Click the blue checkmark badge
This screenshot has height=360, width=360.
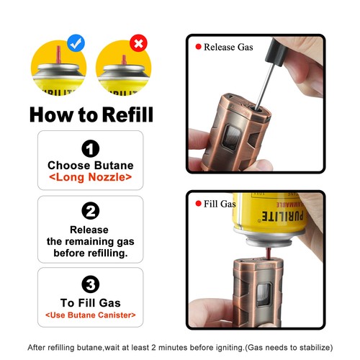[x=76, y=43]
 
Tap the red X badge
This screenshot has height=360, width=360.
[x=138, y=43]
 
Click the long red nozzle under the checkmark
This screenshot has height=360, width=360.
[x=58, y=55]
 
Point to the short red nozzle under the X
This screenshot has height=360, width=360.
[x=124, y=60]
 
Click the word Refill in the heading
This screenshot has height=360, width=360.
[x=128, y=114]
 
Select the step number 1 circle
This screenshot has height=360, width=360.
[x=91, y=148]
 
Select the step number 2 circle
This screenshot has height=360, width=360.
[x=91, y=211]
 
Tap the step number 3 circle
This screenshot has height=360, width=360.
[x=91, y=284]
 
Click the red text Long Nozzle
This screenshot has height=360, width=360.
[x=91, y=177]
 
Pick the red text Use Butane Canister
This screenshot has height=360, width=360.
[x=91, y=315]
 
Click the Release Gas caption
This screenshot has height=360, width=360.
[x=228, y=47]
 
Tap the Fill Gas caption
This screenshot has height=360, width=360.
[x=220, y=204]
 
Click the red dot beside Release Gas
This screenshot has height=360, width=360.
[x=198, y=47]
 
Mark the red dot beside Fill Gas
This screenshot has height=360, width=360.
[x=198, y=204]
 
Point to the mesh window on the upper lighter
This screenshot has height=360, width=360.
[x=232, y=138]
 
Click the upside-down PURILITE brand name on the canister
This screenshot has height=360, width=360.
[x=282, y=216]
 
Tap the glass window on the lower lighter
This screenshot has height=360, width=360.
[x=264, y=295]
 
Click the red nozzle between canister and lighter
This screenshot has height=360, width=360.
[x=268, y=253]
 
